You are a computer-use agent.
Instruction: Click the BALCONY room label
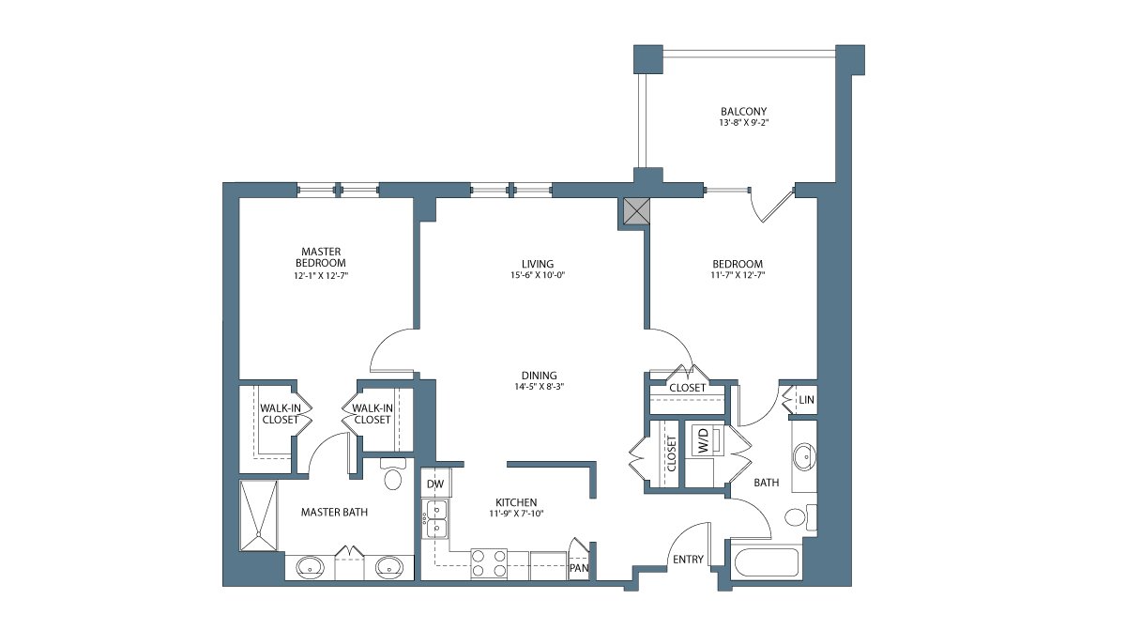click(743, 111)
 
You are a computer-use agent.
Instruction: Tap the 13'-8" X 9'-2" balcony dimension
click(743, 123)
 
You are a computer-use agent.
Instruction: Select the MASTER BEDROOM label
click(321, 257)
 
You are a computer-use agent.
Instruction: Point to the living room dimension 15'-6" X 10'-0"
click(538, 275)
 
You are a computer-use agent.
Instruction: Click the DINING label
click(540, 375)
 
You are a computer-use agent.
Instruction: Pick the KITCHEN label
click(516, 502)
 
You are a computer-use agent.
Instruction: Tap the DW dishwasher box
click(435, 484)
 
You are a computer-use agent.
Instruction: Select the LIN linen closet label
click(806, 400)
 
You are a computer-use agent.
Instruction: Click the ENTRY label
click(688, 559)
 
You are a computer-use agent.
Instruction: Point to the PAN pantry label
click(579, 568)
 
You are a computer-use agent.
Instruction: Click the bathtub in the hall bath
click(766, 562)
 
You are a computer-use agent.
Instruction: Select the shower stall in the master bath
click(258, 515)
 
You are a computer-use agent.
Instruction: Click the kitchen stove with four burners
click(489, 563)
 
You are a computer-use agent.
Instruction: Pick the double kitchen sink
click(435, 519)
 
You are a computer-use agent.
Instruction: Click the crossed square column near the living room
click(636, 210)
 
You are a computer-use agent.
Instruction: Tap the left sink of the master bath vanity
click(310, 567)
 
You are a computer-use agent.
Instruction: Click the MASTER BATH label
click(334, 512)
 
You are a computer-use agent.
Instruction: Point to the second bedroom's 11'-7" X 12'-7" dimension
click(738, 275)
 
